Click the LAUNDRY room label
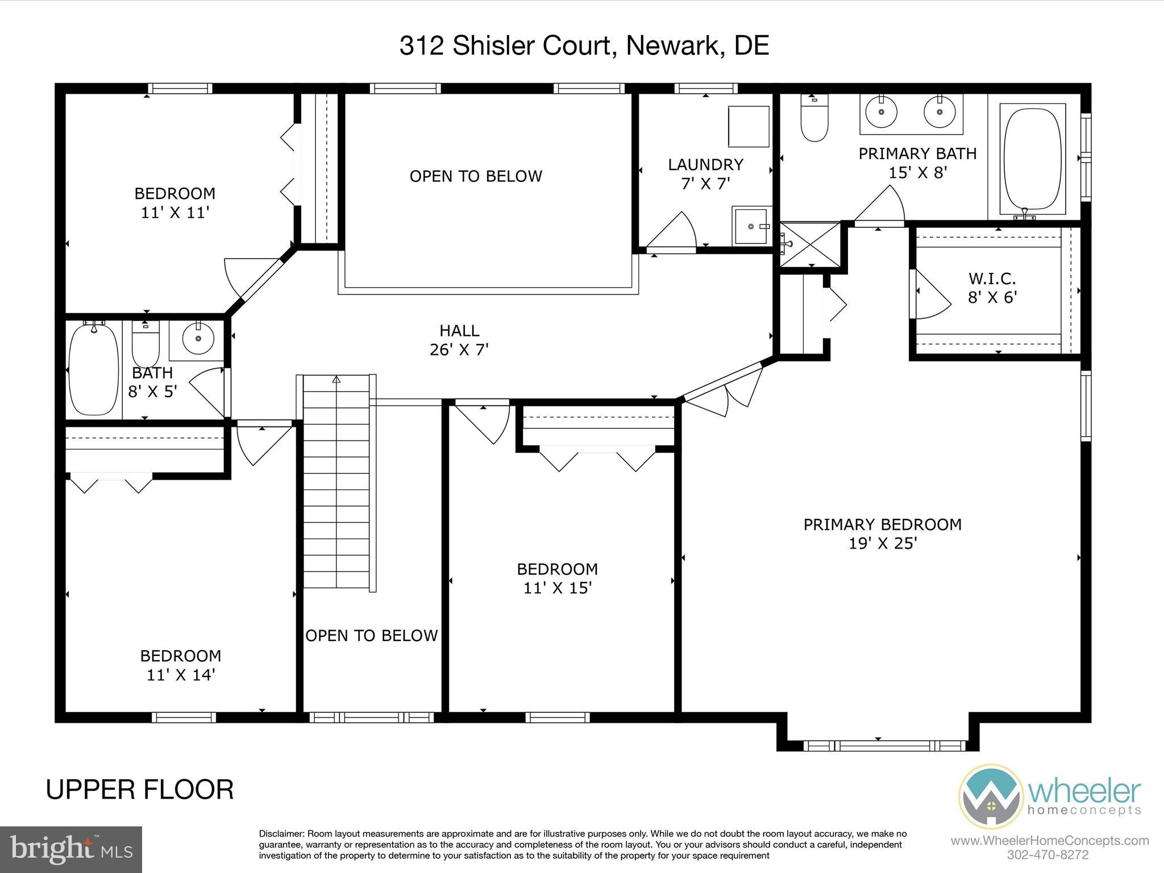[705, 165]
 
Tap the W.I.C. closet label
[992, 279]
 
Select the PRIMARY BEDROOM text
[882, 525]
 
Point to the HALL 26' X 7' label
[459, 340]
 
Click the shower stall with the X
[809, 244]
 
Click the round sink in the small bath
[198, 339]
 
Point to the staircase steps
[337, 483]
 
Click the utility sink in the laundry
[751, 226]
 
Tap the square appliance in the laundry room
[749, 126]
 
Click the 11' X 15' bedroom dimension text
[558, 588]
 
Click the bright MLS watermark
[71, 849]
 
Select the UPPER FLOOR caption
[140, 790]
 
